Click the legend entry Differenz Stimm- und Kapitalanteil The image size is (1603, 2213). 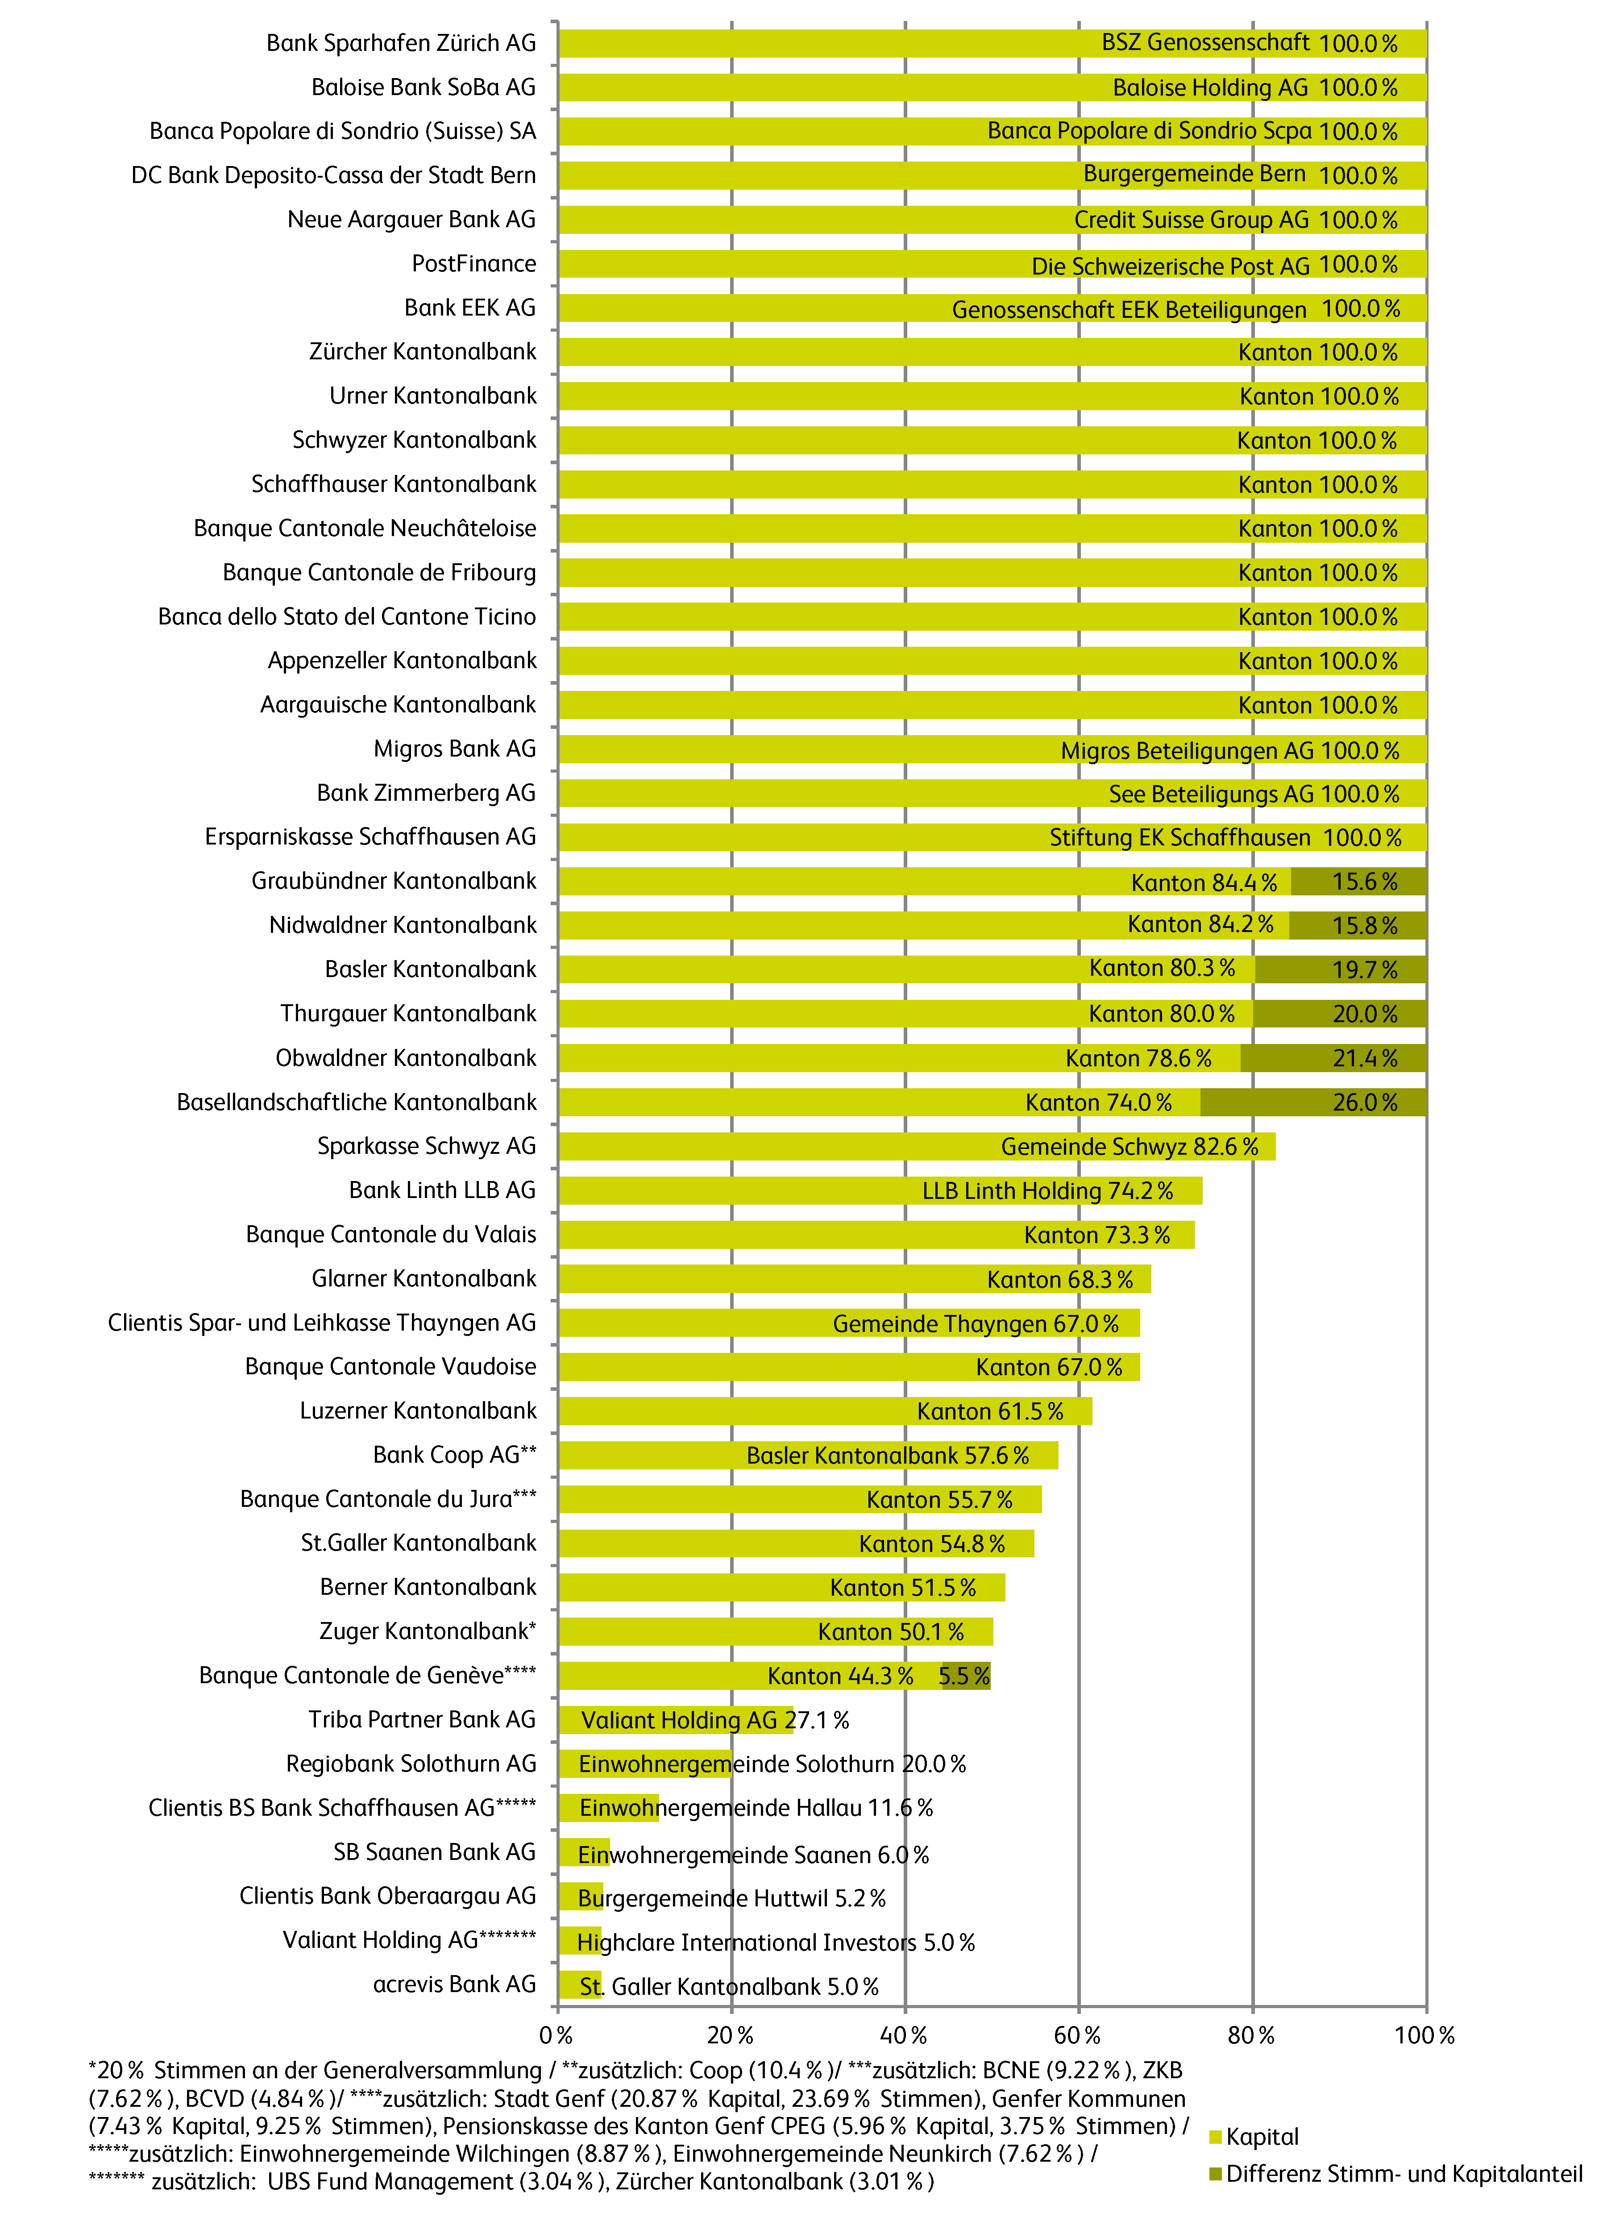coord(1395,2174)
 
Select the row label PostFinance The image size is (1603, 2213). coord(474,263)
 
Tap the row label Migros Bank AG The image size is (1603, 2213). coord(455,749)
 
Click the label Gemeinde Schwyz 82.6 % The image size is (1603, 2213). coord(1130,1147)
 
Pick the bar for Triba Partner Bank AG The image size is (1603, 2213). coord(676,1720)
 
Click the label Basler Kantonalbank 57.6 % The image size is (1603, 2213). coord(888,1456)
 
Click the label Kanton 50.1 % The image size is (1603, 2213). coord(891,1632)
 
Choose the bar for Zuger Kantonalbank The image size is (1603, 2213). coord(776,1632)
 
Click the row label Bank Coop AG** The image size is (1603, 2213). coord(455,1455)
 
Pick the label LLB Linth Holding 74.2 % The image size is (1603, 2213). coord(1048,1191)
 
